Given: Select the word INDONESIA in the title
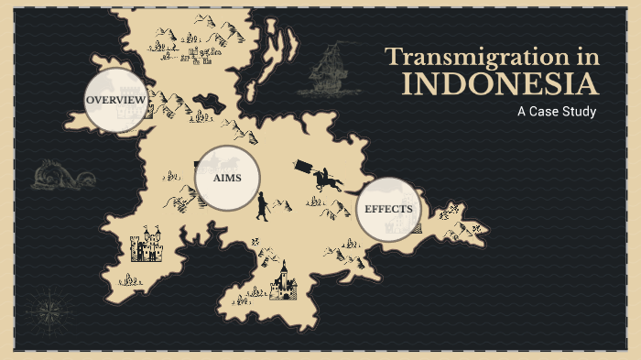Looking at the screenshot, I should pos(501,85).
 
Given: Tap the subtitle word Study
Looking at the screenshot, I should pos(578,112).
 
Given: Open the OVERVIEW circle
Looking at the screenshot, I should pos(115,100).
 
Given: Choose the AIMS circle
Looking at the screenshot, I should pos(227,178).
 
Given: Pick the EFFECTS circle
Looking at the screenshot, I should pos(388,209).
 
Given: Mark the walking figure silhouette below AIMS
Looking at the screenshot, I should pos(262,207).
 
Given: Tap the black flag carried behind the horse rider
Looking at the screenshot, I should pos(302,167).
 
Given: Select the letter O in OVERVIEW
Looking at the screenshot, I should pos(90,100).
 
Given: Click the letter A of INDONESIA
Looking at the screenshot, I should pos(588,85).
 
